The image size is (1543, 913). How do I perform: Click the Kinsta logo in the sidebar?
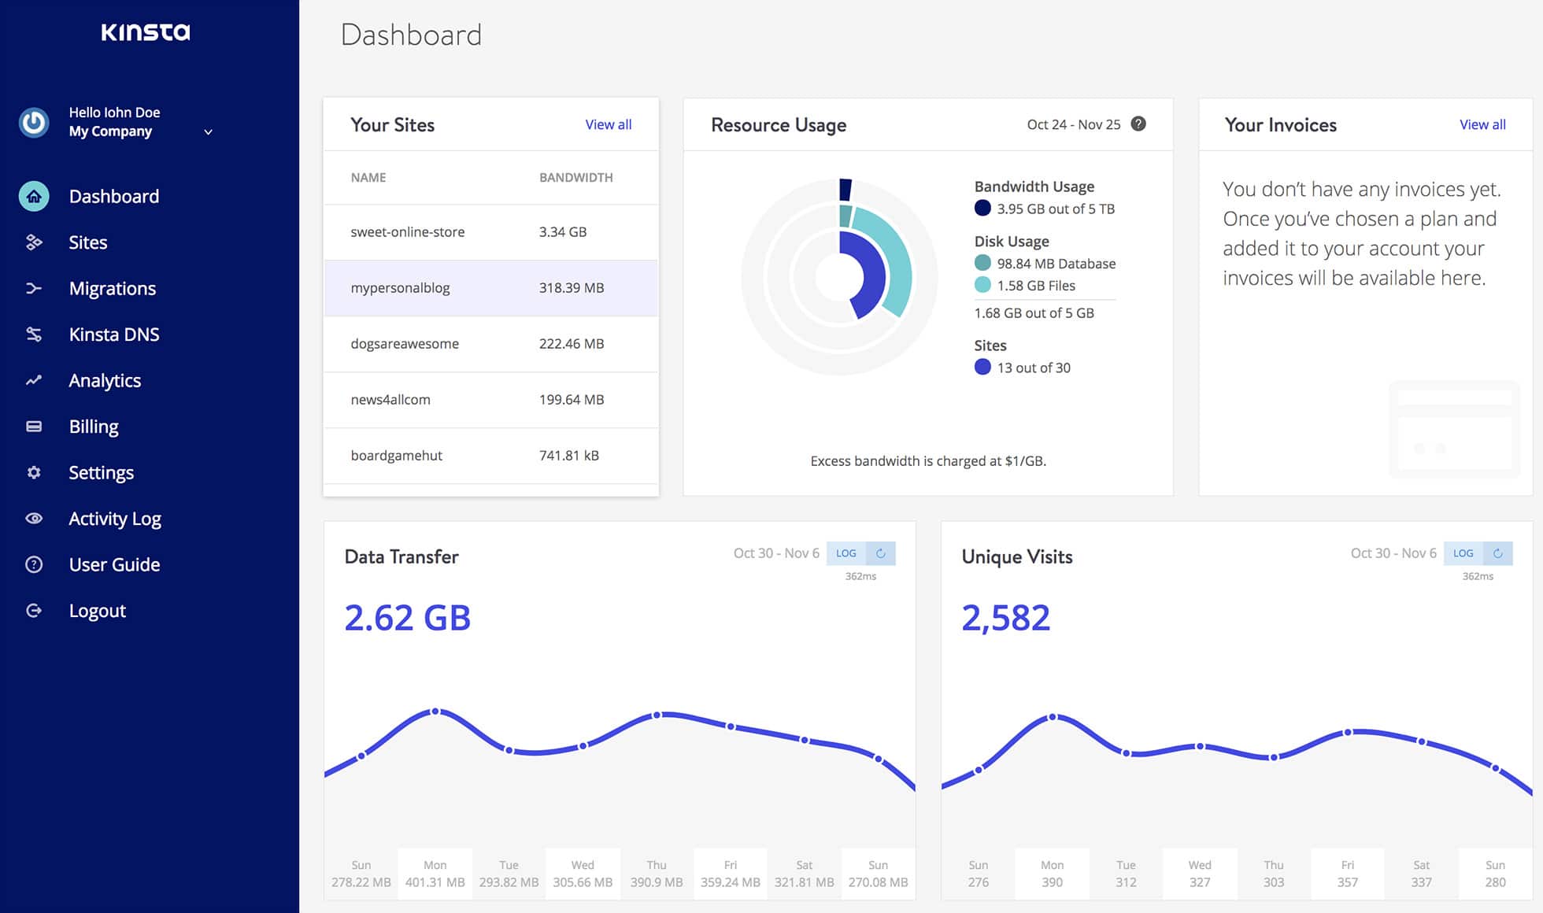click(x=146, y=32)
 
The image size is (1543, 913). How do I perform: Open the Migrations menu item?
click(x=112, y=288)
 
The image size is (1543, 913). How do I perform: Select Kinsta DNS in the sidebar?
click(x=113, y=335)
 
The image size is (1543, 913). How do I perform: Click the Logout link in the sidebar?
click(x=97, y=611)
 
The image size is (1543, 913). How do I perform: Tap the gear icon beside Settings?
click(x=34, y=472)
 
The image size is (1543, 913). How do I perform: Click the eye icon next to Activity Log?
click(x=34, y=519)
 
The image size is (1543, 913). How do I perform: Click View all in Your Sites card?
click(x=608, y=124)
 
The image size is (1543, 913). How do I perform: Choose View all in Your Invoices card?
click(x=1482, y=124)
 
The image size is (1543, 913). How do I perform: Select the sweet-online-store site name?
click(x=407, y=232)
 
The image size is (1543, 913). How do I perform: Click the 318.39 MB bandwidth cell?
click(x=572, y=288)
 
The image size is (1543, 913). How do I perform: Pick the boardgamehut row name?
click(x=396, y=456)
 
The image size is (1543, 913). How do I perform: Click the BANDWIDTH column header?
click(x=575, y=178)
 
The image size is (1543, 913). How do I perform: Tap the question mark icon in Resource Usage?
click(x=1138, y=124)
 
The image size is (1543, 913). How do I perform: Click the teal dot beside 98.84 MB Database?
click(x=982, y=263)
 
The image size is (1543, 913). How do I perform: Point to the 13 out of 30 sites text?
click(x=1033, y=368)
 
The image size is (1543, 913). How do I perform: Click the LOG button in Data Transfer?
click(x=846, y=553)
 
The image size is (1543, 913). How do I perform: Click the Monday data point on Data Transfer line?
click(x=435, y=712)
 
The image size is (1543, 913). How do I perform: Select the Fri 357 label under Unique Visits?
click(x=1347, y=874)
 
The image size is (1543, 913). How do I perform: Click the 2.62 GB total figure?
click(x=407, y=618)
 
